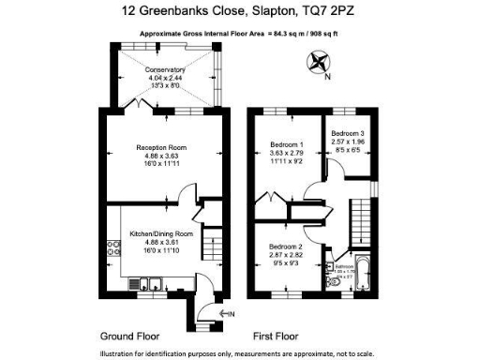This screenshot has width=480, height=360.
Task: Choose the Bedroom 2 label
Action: [x=276, y=246]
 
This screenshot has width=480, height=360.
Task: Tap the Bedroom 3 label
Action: [x=350, y=134]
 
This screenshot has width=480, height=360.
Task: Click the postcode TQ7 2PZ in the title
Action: [x=330, y=12]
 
